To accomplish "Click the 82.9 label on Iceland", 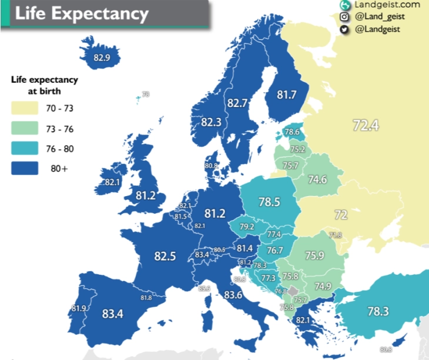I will pos(102,58).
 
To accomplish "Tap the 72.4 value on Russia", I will pos(366,125).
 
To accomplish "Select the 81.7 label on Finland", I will pos(287,94).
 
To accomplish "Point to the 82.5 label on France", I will pos(165,256).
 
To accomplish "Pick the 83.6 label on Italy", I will pos(233,295).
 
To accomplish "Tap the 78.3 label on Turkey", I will pos(378,311).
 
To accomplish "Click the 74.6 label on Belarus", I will pos(317,180).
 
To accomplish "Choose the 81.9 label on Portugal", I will pos(79,308).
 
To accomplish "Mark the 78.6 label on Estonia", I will pos(292,133).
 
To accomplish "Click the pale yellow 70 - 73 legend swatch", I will pos(25,108).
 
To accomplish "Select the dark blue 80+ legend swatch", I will pos(25,169).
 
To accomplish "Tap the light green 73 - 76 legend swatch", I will pos(25,129).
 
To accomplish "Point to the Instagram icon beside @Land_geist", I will pos(344,16).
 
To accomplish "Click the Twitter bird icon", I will pos(344,29).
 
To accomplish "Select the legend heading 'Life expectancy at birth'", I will pos(45,85).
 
